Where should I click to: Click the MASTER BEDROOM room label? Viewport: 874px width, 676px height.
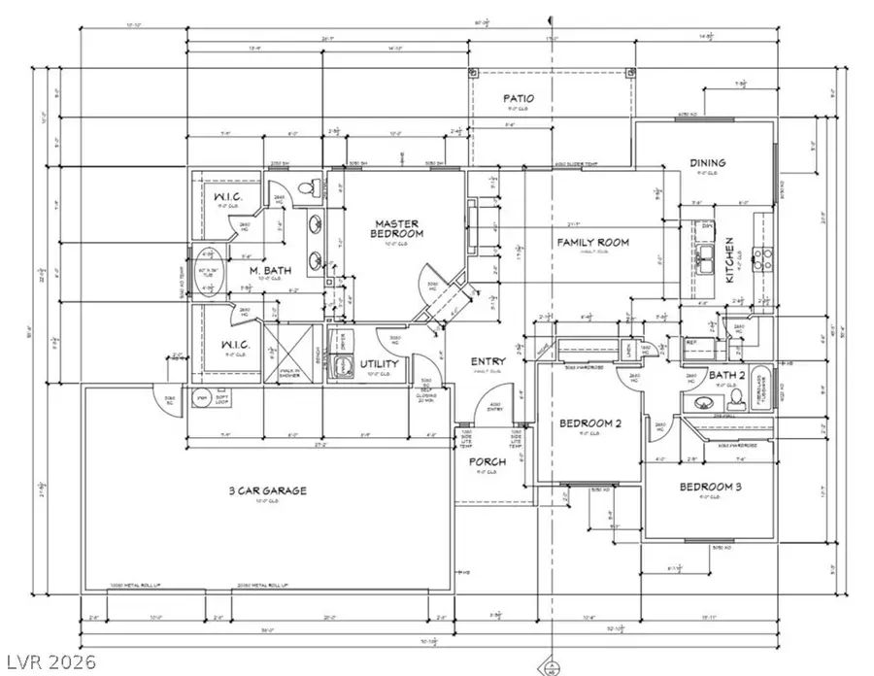tap(399, 229)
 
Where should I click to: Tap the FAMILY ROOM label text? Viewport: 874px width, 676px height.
tap(592, 242)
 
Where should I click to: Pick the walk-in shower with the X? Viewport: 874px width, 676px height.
tap(289, 352)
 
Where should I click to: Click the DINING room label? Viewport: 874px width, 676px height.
tap(709, 163)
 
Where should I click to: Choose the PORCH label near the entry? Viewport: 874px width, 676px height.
tap(487, 461)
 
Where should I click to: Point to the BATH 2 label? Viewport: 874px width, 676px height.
tap(702, 375)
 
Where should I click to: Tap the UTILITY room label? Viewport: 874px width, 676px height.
tap(380, 363)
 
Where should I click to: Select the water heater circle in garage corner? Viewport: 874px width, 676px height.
tap(202, 398)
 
